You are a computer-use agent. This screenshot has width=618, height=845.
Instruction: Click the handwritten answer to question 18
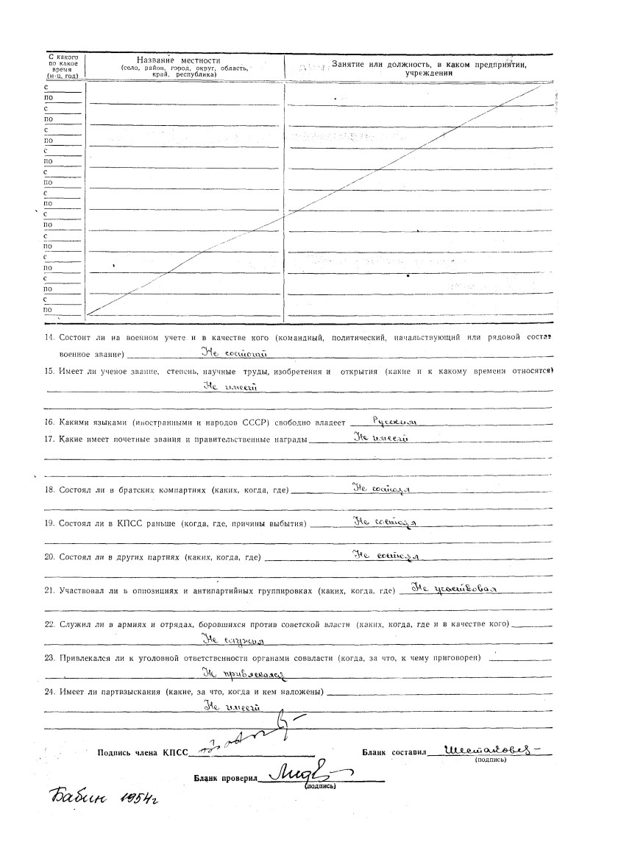382,488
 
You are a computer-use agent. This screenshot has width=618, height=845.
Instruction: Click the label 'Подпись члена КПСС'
143,753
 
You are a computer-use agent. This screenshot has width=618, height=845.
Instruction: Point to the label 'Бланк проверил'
224,777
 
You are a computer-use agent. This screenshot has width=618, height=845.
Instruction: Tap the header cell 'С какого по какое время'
63,66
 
